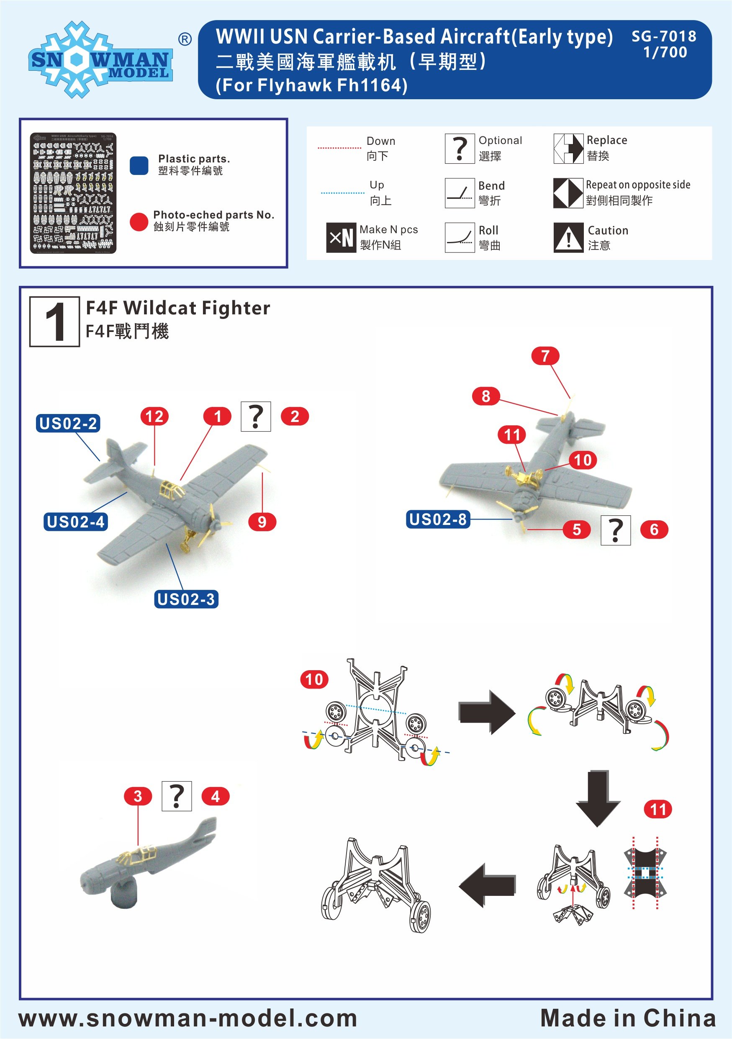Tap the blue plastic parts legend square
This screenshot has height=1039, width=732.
tap(139, 166)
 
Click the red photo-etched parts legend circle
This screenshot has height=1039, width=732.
tap(139, 222)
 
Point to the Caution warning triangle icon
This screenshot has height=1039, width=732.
tap(568, 238)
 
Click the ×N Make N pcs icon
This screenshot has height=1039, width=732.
tap(341, 238)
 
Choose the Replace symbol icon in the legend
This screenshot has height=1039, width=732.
tap(568, 149)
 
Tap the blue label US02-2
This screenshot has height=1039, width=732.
tap(68, 424)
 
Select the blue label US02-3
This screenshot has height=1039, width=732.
tap(186, 599)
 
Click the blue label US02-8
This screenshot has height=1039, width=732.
tap(437, 519)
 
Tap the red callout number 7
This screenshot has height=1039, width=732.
tap(545, 356)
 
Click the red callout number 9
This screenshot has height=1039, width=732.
tap(262, 522)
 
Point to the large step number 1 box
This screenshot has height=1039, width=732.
tap(55, 322)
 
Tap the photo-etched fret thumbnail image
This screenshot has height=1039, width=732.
tap(73, 193)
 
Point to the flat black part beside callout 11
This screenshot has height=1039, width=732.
tap(645, 872)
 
